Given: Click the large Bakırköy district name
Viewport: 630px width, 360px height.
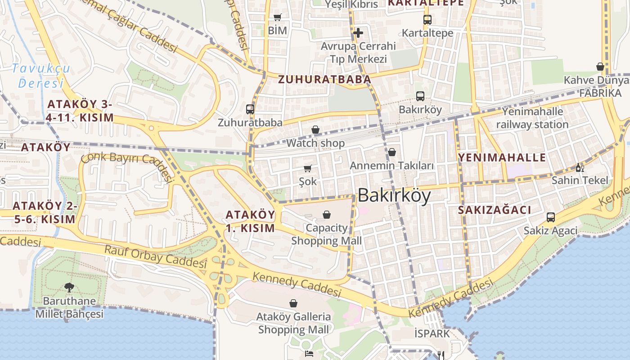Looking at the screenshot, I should (394, 196).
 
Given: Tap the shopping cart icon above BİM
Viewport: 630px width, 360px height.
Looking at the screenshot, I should (278, 18).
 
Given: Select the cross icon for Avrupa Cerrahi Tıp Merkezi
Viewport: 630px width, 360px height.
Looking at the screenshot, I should (358, 33).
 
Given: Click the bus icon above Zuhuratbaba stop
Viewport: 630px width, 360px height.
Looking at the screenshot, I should (250, 109).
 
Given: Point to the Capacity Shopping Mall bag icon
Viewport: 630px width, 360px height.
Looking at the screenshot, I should (327, 215).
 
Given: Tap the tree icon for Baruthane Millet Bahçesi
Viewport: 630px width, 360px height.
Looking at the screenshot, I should (69, 287).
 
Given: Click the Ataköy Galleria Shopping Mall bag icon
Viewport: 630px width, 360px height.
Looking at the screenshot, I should (293, 303).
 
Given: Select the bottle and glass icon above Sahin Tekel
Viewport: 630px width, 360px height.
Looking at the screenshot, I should (580, 167).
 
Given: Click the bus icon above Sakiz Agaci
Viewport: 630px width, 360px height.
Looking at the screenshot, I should (550, 217).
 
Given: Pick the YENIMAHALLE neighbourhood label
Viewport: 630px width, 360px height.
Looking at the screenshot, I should (502, 157).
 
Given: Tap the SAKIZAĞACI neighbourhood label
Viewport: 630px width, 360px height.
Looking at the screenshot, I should (495, 210).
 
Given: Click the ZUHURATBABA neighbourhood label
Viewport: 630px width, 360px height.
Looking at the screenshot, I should (324, 80).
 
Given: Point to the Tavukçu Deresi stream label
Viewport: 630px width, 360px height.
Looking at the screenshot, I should (41, 76).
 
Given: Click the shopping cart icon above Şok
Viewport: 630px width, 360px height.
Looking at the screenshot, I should (308, 169).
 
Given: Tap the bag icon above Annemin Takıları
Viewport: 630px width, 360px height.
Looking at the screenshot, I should (392, 152).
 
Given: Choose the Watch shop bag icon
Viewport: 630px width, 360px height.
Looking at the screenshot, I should (315, 130).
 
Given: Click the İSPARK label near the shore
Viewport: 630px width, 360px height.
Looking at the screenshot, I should (432, 333).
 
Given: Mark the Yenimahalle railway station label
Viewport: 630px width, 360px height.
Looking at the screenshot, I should (532, 118).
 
